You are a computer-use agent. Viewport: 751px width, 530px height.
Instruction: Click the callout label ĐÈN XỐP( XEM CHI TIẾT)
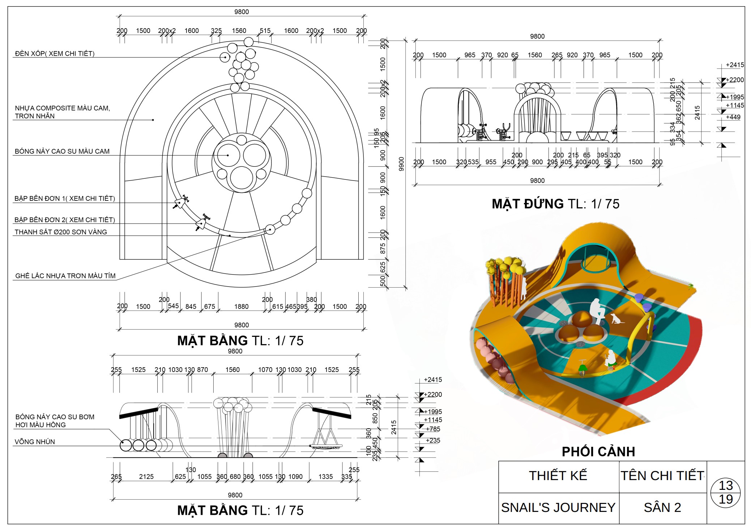click(x=55, y=54)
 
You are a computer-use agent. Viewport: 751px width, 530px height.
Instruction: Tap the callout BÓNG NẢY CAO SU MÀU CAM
click(x=62, y=151)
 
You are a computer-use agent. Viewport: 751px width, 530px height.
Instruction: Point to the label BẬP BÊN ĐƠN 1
click(x=64, y=198)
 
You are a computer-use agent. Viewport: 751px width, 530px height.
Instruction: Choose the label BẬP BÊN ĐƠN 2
click(x=64, y=220)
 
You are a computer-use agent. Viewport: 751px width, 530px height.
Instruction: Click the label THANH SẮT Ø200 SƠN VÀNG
click(x=61, y=232)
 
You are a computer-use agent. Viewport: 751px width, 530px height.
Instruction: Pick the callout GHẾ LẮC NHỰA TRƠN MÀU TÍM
click(x=65, y=276)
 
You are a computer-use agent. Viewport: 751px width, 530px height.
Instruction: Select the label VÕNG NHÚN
click(x=35, y=442)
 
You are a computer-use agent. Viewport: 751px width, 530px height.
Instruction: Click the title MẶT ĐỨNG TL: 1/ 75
click(x=555, y=204)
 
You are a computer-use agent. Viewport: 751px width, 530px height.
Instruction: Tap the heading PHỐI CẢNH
click(x=598, y=451)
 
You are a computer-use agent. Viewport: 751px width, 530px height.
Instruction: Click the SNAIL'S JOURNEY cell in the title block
click(x=558, y=508)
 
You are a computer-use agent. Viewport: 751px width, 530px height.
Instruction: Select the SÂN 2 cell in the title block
click(x=662, y=508)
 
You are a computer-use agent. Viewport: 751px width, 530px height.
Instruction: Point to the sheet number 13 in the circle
click(x=725, y=486)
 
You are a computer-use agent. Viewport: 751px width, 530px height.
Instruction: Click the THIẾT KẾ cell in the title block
click(x=558, y=476)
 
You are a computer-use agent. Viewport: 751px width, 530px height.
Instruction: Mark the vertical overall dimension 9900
click(x=401, y=164)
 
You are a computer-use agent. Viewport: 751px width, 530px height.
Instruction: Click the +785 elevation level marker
click(x=433, y=429)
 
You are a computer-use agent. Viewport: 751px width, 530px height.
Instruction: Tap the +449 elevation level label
click(x=733, y=117)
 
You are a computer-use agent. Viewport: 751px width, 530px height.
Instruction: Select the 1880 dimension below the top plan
click(x=241, y=307)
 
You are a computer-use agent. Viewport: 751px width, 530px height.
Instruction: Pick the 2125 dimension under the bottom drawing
click(x=146, y=477)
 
